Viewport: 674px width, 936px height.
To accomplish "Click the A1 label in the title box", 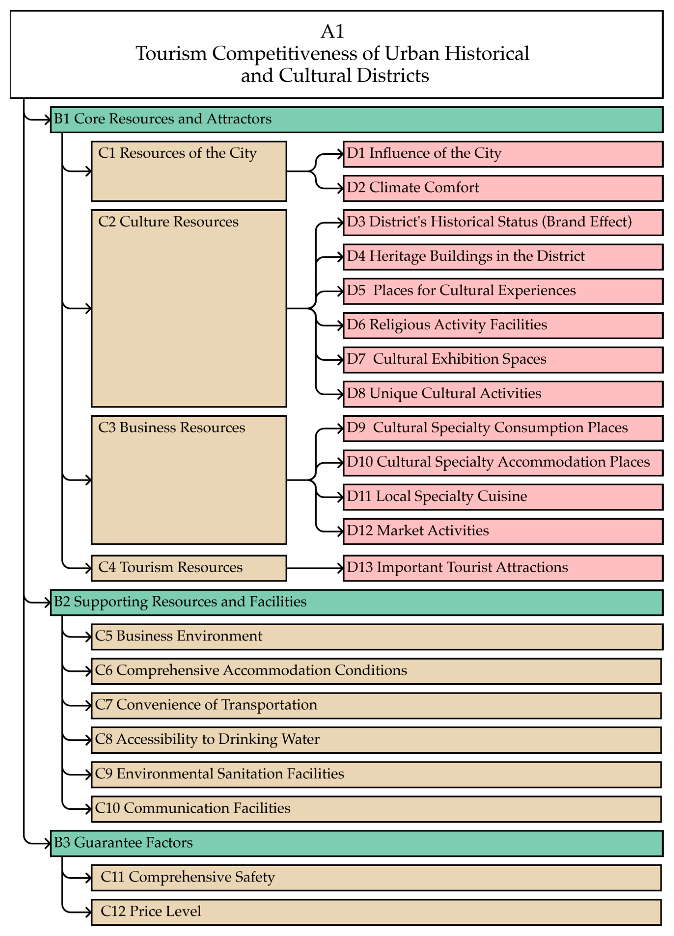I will click(x=332, y=31).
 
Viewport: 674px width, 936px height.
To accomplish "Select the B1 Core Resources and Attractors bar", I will click(x=357, y=120).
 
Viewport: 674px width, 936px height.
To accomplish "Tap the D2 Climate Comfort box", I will click(x=503, y=188).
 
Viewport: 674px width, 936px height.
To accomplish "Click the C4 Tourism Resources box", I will click(x=189, y=568).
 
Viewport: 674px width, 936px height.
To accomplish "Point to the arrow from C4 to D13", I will click(x=315, y=568).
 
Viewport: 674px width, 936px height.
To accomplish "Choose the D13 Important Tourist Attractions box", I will click(x=503, y=568).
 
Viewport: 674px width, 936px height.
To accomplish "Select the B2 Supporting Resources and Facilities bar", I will click(x=357, y=602).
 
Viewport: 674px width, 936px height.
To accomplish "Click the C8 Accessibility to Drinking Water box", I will click(x=376, y=740).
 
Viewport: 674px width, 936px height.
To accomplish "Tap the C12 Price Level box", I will click(x=376, y=912).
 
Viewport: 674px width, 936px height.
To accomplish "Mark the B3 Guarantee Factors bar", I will click(x=357, y=843).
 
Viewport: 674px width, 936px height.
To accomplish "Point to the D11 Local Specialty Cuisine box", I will click(x=503, y=497).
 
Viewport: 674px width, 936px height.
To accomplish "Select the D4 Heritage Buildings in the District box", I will click(x=503, y=257).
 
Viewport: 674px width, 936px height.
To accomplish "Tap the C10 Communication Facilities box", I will click(x=376, y=809).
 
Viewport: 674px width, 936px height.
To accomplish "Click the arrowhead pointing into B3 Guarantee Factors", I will click(x=47, y=843).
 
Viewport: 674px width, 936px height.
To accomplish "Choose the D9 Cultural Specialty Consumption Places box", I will click(x=503, y=428).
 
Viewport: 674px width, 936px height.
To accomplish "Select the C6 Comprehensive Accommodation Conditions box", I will click(x=376, y=671).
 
